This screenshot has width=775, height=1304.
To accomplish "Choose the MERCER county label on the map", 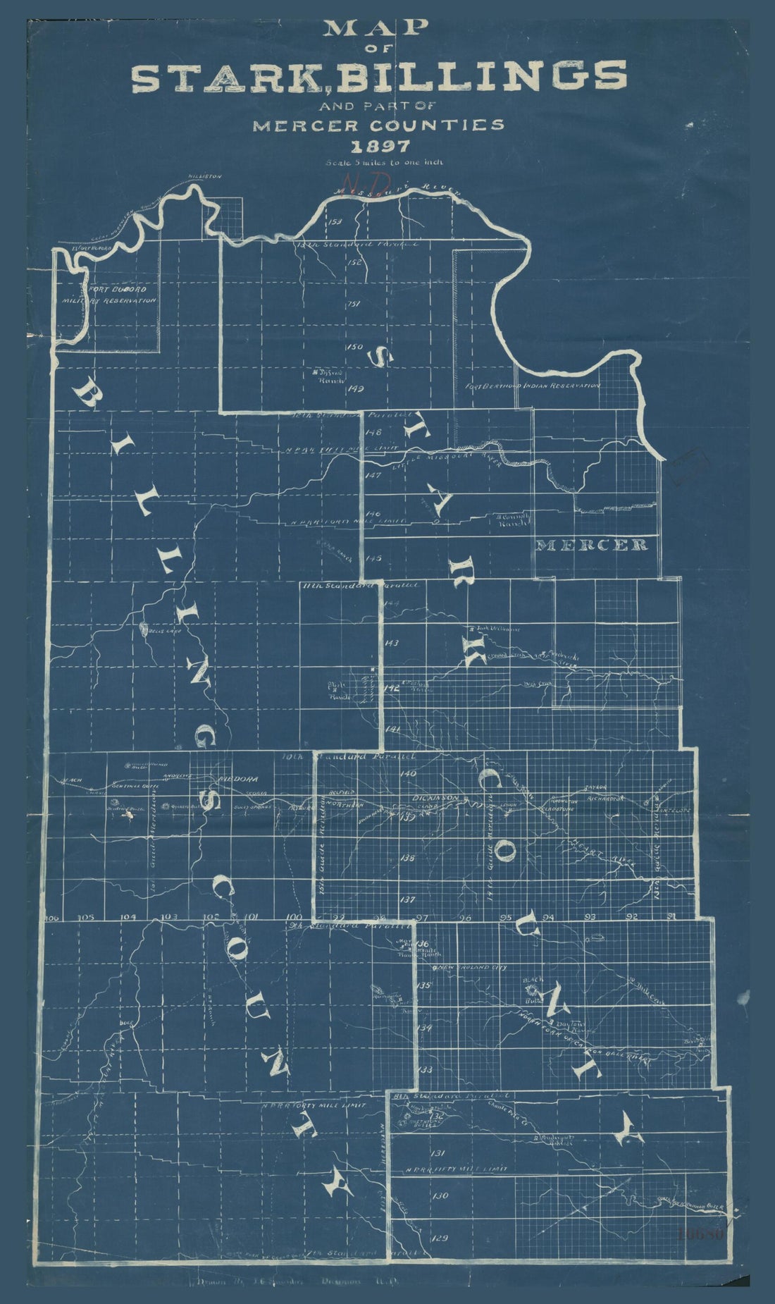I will coord(592,545).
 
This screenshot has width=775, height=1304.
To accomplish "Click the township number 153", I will coord(335,222).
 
